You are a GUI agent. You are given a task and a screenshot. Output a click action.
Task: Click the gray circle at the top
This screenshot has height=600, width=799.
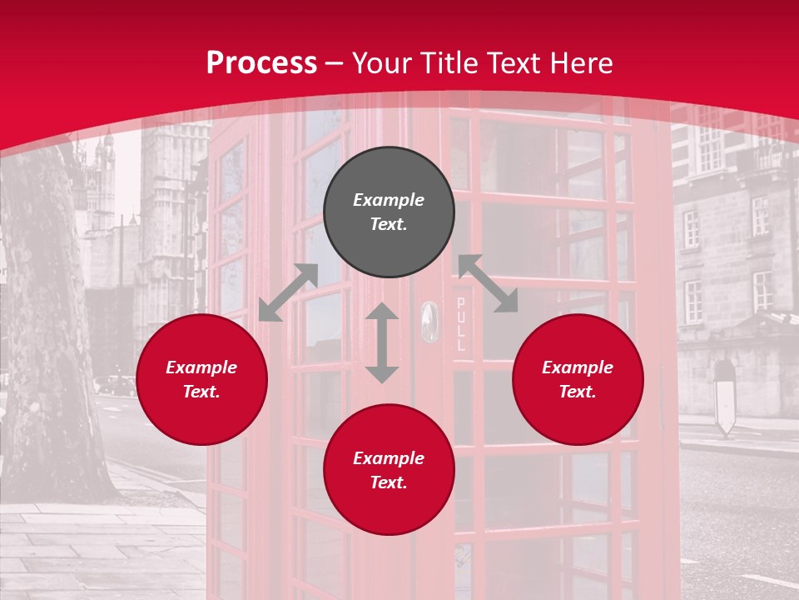point(389,212)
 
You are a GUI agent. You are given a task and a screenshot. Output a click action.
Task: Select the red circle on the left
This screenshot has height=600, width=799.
point(201,379)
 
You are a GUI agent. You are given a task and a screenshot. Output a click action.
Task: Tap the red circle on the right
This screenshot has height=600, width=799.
point(578,379)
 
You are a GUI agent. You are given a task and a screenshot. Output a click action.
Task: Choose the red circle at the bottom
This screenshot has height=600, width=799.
point(389,470)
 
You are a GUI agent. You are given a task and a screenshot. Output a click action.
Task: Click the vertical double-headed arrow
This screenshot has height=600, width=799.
point(382,342)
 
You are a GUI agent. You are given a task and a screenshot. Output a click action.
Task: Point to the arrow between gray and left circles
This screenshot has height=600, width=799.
point(288,292)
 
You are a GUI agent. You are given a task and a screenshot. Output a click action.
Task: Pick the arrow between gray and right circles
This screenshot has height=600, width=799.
point(489,283)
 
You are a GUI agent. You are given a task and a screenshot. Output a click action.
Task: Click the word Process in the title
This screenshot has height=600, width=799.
point(261,63)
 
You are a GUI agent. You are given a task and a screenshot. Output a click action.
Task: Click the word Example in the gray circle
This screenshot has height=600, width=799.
point(389,200)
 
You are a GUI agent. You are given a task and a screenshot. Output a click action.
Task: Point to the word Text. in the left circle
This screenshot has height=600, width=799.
point(201,392)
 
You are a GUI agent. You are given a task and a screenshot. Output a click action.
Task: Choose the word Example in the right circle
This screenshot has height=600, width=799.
point(578,367)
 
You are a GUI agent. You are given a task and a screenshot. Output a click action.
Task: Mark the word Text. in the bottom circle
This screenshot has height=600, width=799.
point(389,482)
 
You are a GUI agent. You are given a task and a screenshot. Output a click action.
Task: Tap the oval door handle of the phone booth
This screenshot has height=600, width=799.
point(429,322)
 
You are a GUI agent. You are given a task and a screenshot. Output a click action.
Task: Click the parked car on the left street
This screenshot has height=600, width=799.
point(115,385)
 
